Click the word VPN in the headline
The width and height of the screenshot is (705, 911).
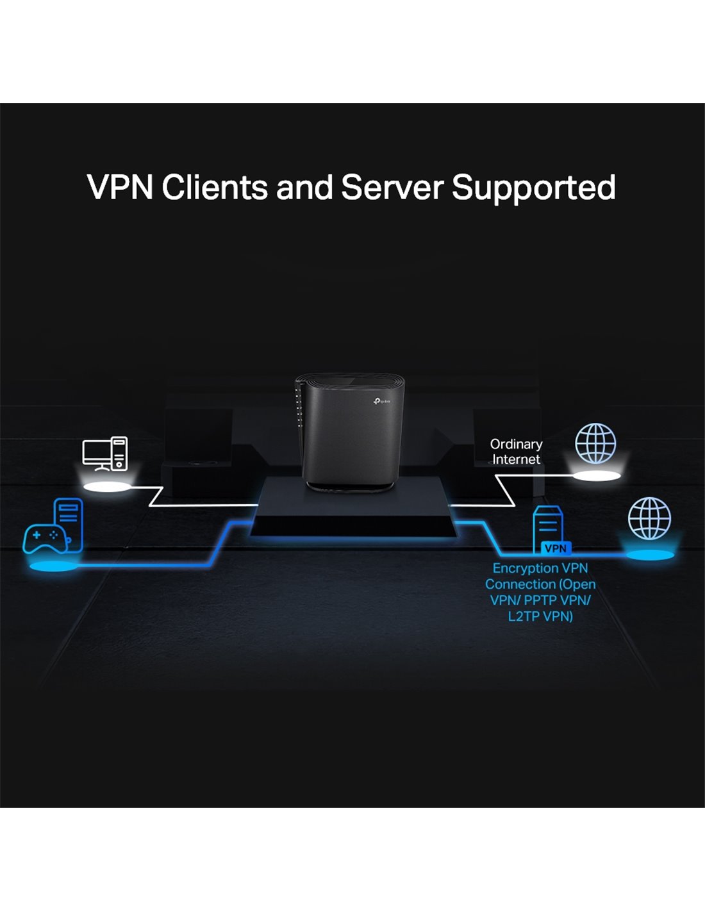120,187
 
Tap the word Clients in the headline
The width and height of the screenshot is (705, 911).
215,187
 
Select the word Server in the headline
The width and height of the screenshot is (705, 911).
392,187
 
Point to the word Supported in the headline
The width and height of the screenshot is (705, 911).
533,188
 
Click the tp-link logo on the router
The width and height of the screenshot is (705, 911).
381,402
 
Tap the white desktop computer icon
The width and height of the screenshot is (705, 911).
105,454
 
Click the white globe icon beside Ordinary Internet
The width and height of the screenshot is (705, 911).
595,443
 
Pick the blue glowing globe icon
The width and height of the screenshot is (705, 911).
649,518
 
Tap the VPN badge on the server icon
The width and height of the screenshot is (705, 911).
556,548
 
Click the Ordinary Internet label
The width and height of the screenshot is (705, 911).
516,452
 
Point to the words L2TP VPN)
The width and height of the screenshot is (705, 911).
540,616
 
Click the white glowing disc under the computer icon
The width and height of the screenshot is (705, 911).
108,487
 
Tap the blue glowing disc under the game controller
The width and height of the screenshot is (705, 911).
53,566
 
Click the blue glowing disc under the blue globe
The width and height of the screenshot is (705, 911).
651,555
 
